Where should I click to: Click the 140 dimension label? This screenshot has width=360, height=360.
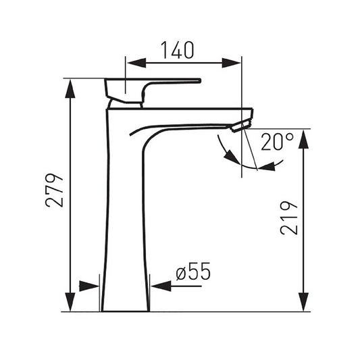click(x=178, y=50)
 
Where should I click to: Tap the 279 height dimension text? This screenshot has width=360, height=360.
click(x=54, y=190)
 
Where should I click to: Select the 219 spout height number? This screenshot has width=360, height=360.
click(x=289, y=218)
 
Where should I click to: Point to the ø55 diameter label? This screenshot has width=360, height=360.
click(x=193, y=271)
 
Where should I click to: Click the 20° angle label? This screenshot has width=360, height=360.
click(x=278, y=142)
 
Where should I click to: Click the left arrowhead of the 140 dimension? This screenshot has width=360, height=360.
click(x=136, y=63)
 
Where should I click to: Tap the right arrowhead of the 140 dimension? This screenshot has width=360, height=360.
click(x=231, y=63)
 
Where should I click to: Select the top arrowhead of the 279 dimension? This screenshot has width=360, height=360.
click(x=70, y=89)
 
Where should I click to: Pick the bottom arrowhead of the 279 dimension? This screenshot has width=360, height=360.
click(x=70, y=302)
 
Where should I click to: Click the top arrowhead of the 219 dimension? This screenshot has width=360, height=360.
click(x=304, y=139)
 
